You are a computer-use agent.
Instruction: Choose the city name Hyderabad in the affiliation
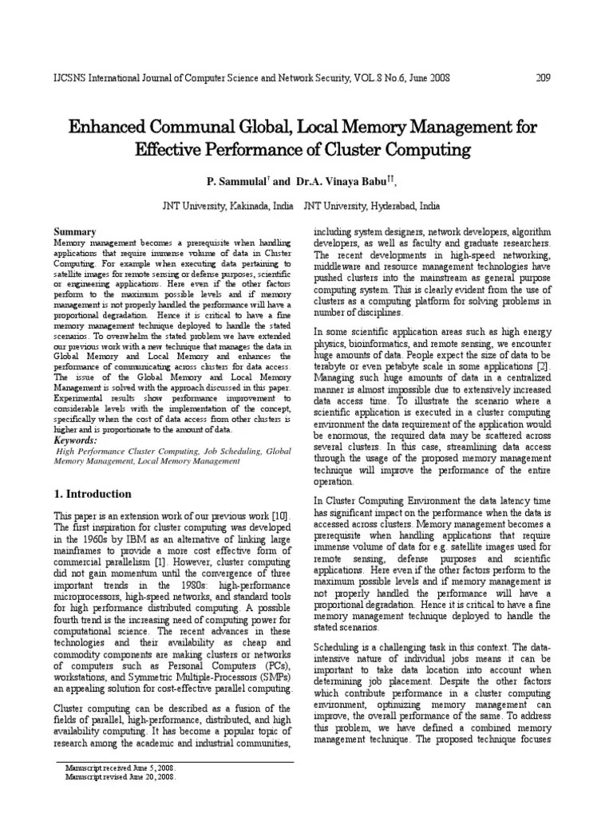[395, 205]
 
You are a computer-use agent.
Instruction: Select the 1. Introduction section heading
[92, 494]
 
